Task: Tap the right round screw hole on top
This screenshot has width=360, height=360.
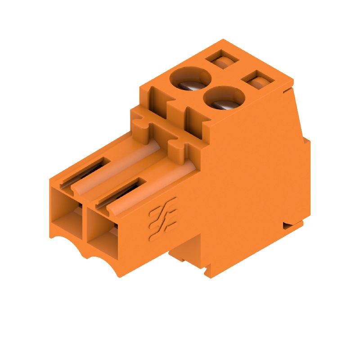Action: click(224, 97)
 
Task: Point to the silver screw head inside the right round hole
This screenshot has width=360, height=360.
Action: click(226, 104)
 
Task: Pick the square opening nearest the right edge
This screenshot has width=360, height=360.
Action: click(258, 81)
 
